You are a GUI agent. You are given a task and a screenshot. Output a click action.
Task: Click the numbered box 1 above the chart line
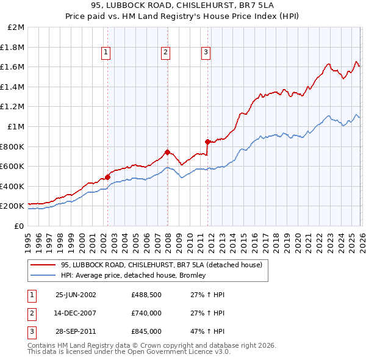tap(106, 53)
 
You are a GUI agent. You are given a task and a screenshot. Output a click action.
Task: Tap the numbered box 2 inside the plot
tap(165, 53)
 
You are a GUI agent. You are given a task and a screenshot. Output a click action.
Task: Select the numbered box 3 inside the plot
tap(206, 53)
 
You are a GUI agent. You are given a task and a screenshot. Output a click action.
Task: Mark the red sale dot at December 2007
tap(167, 152)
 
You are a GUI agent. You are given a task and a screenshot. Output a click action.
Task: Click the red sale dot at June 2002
tap(108, 177)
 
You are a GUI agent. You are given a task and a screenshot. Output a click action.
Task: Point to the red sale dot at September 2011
tap(207, 142)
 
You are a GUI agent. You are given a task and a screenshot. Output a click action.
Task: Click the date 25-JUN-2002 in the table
tap(76, 294)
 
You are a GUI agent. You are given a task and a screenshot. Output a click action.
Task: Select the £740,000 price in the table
tap(146, 313)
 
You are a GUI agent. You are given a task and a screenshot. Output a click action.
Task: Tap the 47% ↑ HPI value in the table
tap(204, 331)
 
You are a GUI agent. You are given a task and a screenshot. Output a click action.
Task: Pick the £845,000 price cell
tap(146, 331)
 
